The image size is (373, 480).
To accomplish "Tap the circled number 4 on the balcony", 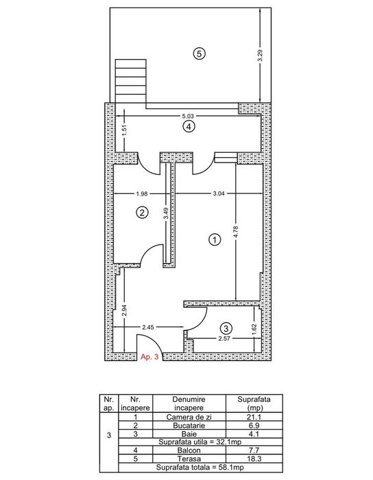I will (189, 127).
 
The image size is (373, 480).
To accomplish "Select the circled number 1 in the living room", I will (215, 240).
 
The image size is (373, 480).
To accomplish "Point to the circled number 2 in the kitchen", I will (142, 212).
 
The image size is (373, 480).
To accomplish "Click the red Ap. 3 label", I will (149, 357).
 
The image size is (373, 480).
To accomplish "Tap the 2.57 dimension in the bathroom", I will (225, 339).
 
